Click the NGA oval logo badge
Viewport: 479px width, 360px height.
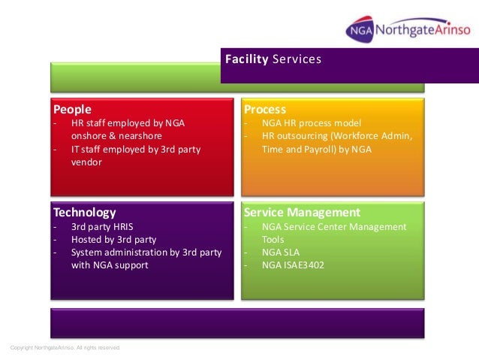point(360,31)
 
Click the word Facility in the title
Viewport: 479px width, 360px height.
point(246,58)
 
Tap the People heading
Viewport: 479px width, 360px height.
point(72,110)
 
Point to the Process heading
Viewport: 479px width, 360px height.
point(265,110)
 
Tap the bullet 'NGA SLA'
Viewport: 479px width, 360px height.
point(282,252)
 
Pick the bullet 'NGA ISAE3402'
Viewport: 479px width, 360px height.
point(293,265)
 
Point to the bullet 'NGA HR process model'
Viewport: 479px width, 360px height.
point(312,123)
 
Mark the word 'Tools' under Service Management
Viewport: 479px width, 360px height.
point(273,239)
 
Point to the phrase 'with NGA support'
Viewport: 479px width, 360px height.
point(110,265)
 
